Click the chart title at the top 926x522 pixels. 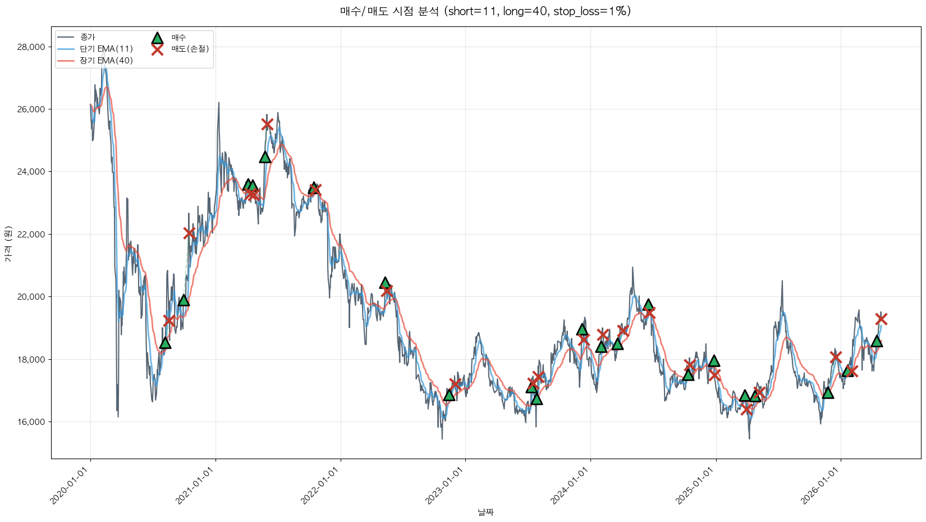[x=485, y=11]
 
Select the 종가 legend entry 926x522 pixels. [x=88, y=38]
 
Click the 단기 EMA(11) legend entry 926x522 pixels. [x=106, y=49]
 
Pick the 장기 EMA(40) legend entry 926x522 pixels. [x=106, y=61]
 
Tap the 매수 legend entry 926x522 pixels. [x=178, y=38]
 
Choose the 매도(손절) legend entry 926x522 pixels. [x=190, y=49]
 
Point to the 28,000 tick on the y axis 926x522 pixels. [x=31, y=47]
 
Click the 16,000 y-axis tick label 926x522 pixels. [x=31, y=422]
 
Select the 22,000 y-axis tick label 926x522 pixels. [x=31, y=235]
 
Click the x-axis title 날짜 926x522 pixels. [x=485, y=512]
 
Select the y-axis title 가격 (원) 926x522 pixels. [x=8, y=244]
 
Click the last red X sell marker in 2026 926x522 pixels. [x=881, y=319]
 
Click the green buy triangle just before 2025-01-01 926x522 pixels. [x=713, y=361]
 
